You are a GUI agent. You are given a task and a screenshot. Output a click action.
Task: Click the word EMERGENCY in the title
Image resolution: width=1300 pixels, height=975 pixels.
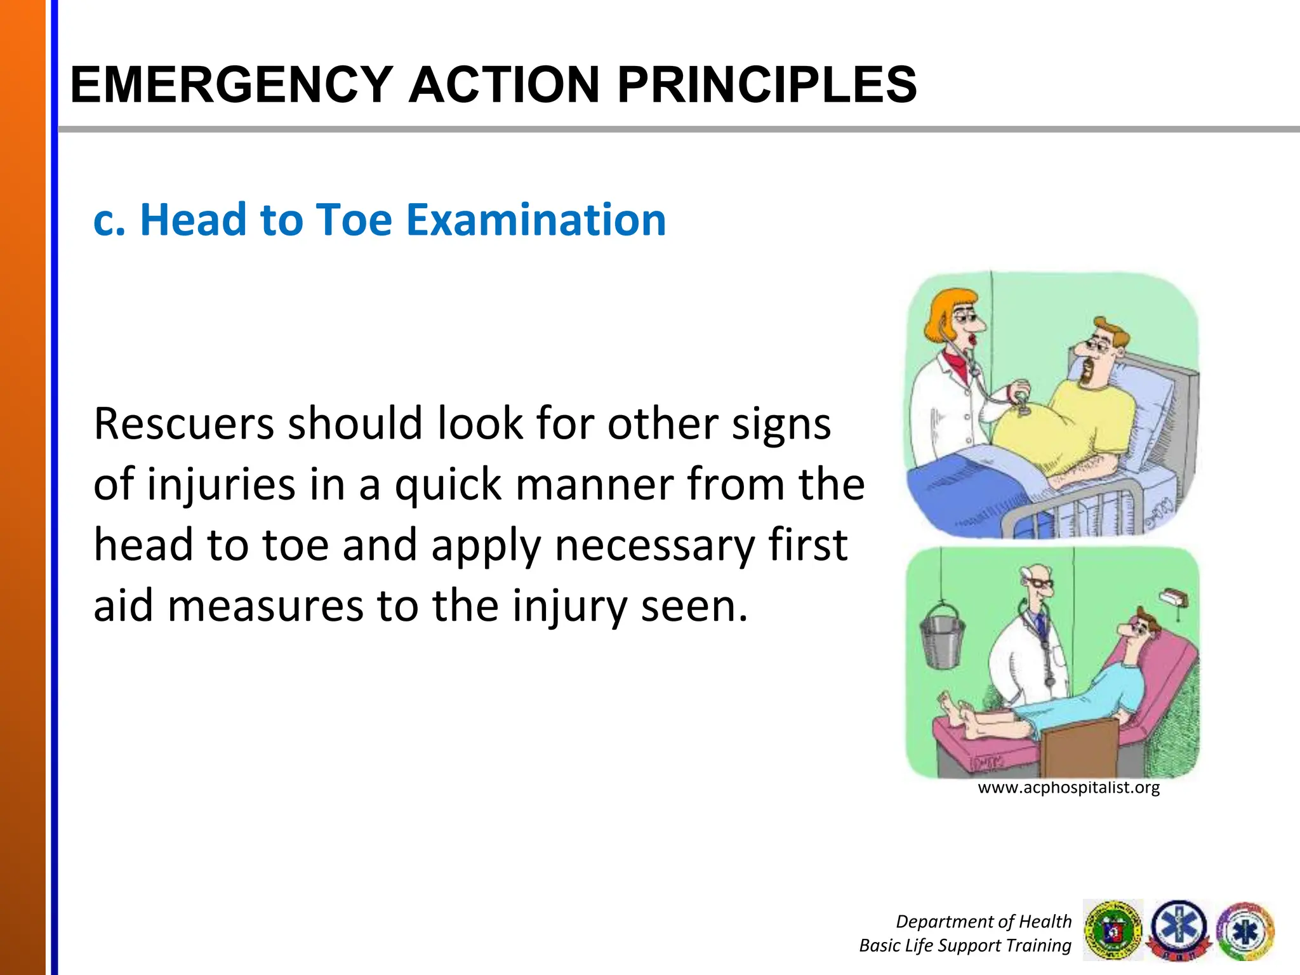pyautogui.click(x=232, y=84)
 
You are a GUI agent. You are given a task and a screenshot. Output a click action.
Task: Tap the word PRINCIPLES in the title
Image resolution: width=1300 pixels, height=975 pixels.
pyautogui.click(x=767, y=84)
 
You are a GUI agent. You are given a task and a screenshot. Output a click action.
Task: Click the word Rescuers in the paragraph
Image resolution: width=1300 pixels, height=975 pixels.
pyautogui.click(x=183, y=423)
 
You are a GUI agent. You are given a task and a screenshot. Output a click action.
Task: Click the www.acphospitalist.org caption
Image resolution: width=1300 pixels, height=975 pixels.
pyautogui.click(x=1068, y=788)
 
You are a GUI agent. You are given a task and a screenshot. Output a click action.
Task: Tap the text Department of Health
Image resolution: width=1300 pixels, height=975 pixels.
pyautogui.click(x=983, y=921)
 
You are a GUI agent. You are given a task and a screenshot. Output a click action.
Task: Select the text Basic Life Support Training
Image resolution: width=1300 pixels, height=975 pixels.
pyautogui.click(x=965, y=945)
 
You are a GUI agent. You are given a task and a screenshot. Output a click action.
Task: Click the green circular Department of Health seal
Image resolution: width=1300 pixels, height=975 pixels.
pyautogui.click(x=1113, y=931)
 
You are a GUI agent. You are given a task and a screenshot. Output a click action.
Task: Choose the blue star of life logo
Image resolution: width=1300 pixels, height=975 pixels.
pyautogui.click(x=1179, y=929)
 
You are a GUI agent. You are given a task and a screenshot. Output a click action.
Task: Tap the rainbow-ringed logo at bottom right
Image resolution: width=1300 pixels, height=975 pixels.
pyautogui.click(x=1245, y=931)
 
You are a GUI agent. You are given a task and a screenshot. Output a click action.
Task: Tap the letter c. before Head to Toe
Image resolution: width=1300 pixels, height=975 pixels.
pyautogui.click(x=109, y=221)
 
